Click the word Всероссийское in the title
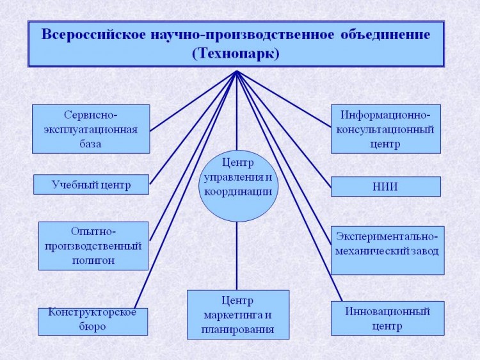coord(93,35)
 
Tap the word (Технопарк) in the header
coord(236,53)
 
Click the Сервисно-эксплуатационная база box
coord(91,129)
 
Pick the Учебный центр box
coord(92,184)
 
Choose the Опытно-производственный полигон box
coord(93,246)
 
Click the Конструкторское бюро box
coord(93,322)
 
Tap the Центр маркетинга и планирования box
coord(238,315)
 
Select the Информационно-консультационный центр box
coord(386,129)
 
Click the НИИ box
coord(386,186)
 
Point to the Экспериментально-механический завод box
coord(388,250)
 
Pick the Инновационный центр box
coord(388,318)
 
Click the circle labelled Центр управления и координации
coord(239,186)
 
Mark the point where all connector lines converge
coord(237,71)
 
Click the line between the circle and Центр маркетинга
coord(237,256)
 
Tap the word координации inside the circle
coord(238,192)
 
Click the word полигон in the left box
coord(93,261)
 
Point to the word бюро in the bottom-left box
coord(92,327)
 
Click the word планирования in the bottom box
coord(237,330)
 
